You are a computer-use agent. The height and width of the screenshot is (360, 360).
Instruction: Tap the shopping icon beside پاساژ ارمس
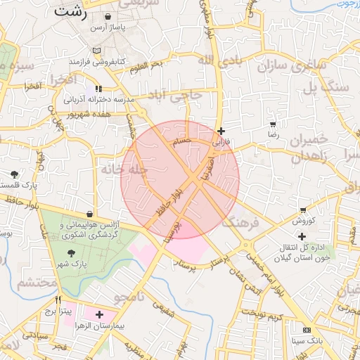pyautogui.click(x=107, y=16)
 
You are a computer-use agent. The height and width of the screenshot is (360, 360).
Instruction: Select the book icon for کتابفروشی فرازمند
pyautogui.click(x=96, y=50)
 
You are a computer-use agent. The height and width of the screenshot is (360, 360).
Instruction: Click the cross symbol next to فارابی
pyautogui.click(x=221, y=131)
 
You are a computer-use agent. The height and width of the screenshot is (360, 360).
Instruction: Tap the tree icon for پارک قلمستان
pyautogui.click(x=15, y=174)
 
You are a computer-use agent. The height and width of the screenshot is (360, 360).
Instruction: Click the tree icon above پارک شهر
pyautogui.click(x=71, y=252)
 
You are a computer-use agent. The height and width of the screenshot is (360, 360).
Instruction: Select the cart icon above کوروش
pyautogui.click(x=303, y=210)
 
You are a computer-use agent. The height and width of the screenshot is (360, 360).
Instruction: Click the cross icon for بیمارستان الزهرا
pyautogui.click(x=99, y=314)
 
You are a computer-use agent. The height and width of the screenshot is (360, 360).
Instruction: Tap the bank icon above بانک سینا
pyautogui.click(x=306, y=330)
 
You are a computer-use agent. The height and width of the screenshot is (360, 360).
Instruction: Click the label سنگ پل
pyautogui.click(x=326, y=88)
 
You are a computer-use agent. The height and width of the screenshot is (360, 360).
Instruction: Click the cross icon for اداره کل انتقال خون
pyautogui.click(x=302, y=236)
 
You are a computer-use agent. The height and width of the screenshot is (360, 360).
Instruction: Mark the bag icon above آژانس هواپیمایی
pyautogui.click(x=89, y=214)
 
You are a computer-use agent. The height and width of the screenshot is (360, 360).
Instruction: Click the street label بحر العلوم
pyautogui.click(x=146, y=65)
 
